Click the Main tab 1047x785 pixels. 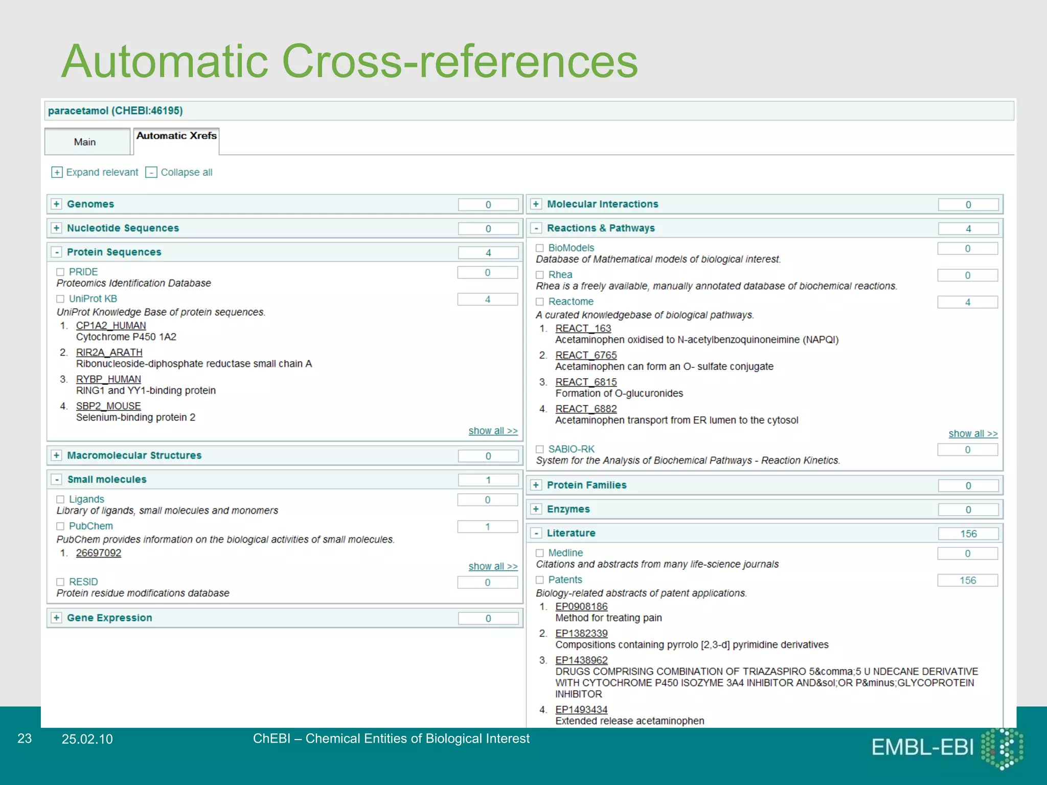(x=85, y=142)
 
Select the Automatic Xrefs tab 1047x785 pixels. (x=176, y=136)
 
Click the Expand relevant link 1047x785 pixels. (x=102, y=172)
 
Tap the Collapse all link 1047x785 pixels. (x=186, y=172)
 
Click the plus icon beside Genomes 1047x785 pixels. (x=57, y=204)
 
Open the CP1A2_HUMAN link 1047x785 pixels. (x=111, y=326)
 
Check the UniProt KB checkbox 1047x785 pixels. (x=60, y=299)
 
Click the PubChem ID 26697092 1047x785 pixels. (x=99, y=553)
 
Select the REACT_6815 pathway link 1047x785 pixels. (x=586, y=382)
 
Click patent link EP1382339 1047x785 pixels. (x=581, y=633)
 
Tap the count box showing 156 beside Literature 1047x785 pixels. (x=968, y=534)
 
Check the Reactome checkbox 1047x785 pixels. (x=540, y=302)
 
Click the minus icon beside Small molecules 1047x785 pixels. (x=57, y=479)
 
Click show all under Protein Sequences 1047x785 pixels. (x=493, y=431)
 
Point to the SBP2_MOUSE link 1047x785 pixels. (x=108, y=406)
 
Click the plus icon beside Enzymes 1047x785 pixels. (x=536, y=509)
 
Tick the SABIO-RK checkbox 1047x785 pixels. (x=540, y=449)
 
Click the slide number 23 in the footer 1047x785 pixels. (x=25, y=738)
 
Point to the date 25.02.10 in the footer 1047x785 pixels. (x=87, y=739)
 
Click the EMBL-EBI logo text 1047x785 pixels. (x=922, y=748)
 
